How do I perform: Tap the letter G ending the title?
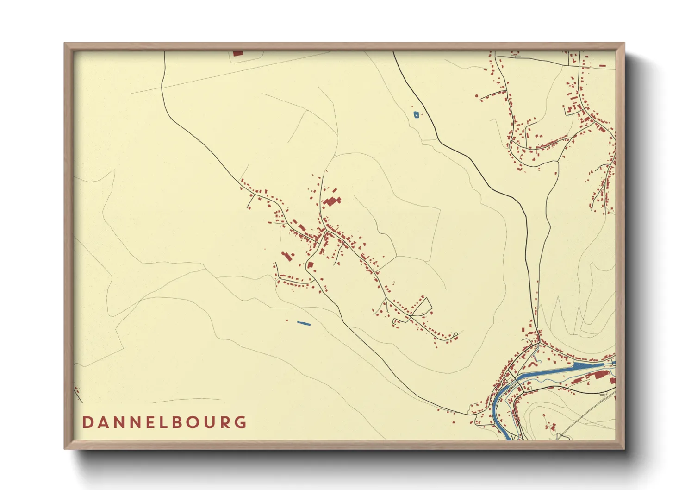240,422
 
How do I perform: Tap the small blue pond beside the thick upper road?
416,114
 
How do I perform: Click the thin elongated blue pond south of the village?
303,323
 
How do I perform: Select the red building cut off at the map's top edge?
237,53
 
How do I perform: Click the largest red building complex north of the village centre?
332,201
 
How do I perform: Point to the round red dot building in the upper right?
477,96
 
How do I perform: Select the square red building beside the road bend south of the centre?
311,265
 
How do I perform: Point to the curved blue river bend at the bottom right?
498,408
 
